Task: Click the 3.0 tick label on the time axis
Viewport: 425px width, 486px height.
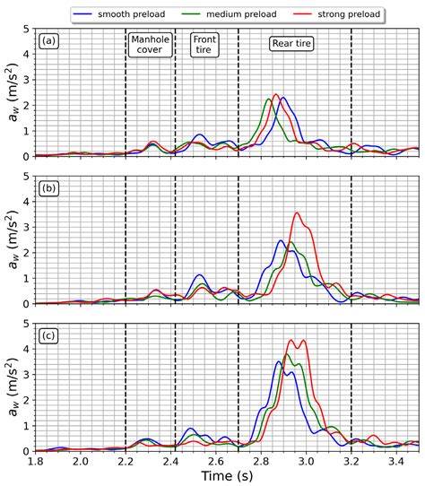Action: pos(306,460)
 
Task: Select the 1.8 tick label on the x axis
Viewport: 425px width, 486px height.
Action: pos(35,460)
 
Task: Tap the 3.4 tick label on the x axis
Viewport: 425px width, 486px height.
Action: pos(396,460)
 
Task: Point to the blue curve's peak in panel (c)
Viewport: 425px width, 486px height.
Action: pos(279,360)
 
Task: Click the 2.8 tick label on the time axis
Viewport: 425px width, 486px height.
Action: pos(261,460)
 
